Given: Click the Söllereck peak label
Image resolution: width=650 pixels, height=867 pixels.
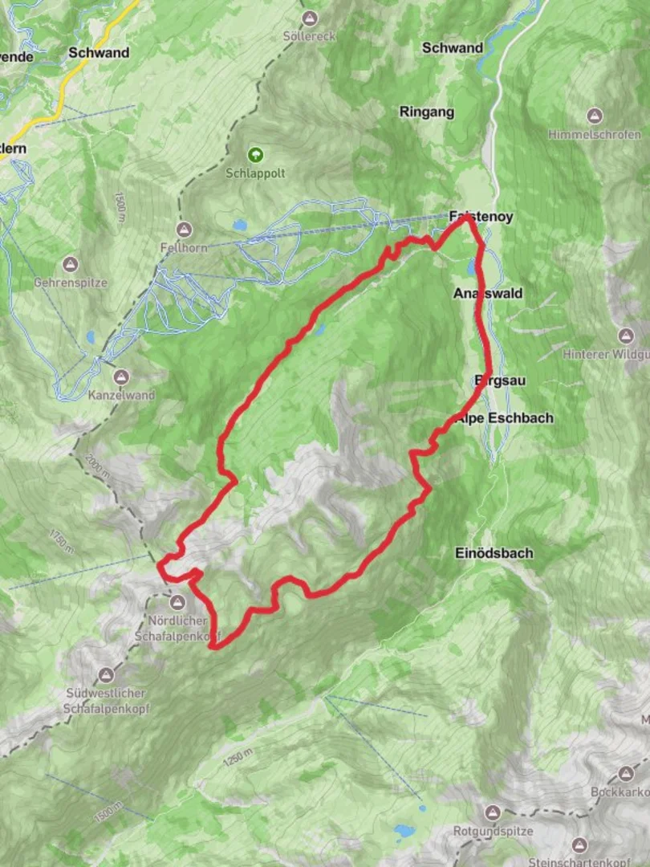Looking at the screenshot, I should tap(309, 37).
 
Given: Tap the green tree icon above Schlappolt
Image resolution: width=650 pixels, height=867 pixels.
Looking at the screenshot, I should tap(255, 154).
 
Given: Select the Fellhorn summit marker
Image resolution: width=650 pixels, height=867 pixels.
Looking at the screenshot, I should tap(186, 230).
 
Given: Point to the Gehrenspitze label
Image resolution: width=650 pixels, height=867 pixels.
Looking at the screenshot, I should tap(71, 283).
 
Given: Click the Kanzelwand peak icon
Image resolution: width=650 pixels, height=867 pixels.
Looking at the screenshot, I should tap(121, 376).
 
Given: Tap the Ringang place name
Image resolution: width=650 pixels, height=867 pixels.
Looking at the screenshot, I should tap(426, 112).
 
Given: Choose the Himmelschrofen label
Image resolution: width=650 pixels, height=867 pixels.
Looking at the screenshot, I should tap(595, 134).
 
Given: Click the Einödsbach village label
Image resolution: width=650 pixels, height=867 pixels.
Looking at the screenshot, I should tap(494, 553).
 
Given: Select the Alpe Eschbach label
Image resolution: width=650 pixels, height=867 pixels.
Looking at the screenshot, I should tap(505, 418).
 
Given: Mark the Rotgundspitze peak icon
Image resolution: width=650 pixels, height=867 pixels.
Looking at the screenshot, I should tap(493, 812).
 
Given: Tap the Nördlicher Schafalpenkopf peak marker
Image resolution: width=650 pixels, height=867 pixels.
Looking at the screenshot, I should tap(177, 601).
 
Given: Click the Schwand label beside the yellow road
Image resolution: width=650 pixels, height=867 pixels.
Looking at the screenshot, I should tap(99, 53).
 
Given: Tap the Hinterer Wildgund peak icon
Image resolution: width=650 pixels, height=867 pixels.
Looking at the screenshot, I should tap(626, 335).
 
